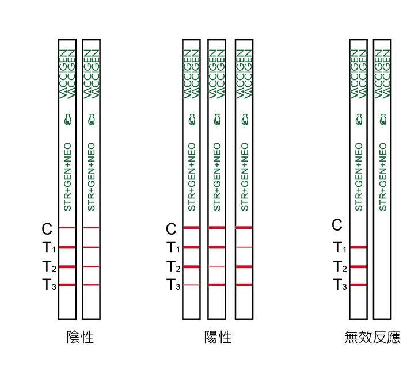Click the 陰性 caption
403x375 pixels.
click(80, 337)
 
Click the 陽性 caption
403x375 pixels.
click(218, 337)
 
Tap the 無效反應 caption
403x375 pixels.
click(372, 337)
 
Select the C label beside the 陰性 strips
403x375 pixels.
click(47, 228)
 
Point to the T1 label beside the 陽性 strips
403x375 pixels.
click(173, 247)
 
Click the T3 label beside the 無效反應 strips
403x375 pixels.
click(340, 285)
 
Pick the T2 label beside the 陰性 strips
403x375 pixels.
click(49, 266)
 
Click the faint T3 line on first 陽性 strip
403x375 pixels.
click(191, 285)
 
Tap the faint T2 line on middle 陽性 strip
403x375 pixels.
click(216, 267)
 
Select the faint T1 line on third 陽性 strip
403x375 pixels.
click(244, 247)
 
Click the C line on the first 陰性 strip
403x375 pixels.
click(67, 228)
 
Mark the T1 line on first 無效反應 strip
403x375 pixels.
click(358, 247)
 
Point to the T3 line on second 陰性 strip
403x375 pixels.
click(91, 285)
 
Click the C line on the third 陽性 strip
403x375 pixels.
click(244, 228)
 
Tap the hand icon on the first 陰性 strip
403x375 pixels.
click(67, 120)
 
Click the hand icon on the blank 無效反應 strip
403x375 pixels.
click(383, 120)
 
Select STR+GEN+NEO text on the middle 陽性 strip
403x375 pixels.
click(217, 177)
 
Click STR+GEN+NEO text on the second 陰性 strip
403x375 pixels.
click(91, 177)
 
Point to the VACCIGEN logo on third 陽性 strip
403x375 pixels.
click(244, 74)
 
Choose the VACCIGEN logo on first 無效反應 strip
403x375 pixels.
click(358, 74)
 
